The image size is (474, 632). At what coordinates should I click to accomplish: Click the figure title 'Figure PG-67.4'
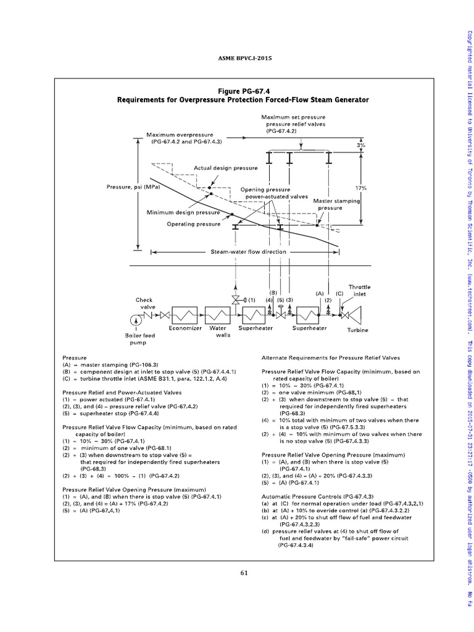coord(243,90)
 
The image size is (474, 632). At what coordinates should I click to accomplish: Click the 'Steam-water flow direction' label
coord(240,252)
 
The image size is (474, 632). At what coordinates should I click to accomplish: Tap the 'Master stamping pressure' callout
coord(336,205)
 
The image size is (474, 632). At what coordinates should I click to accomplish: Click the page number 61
coord(244,572)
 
